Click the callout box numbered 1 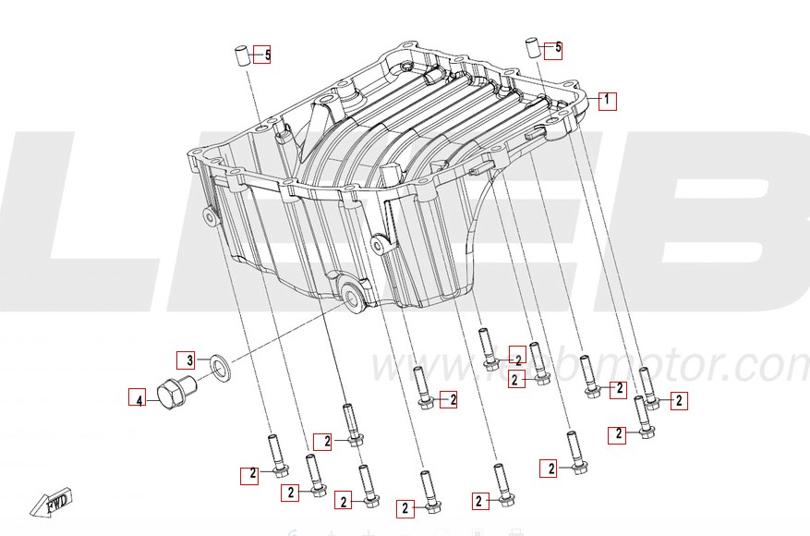[x=607, y=101]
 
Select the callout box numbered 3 [x=186, y=359]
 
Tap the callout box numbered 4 [x=137, y=399]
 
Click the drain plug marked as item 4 [x=173, y=395]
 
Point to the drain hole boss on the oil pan [x=352, y=297]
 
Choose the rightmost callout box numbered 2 [x=679, y=400]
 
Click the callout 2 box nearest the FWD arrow [x=249, y=475]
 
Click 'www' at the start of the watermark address [x=406, y=368]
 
